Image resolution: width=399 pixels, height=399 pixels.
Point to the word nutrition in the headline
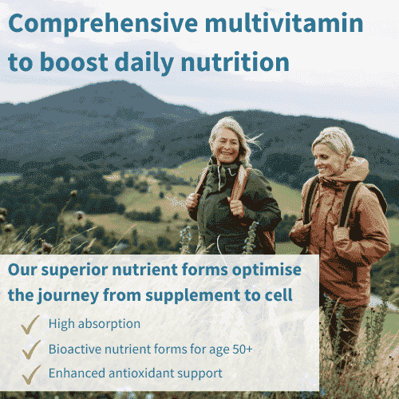coord(233,61)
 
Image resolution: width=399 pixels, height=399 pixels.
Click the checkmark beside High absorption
coord(30,324)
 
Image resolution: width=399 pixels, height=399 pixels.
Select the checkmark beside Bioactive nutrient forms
coord(30,349)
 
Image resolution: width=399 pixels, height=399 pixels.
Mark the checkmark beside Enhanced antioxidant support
coord(30,373)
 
